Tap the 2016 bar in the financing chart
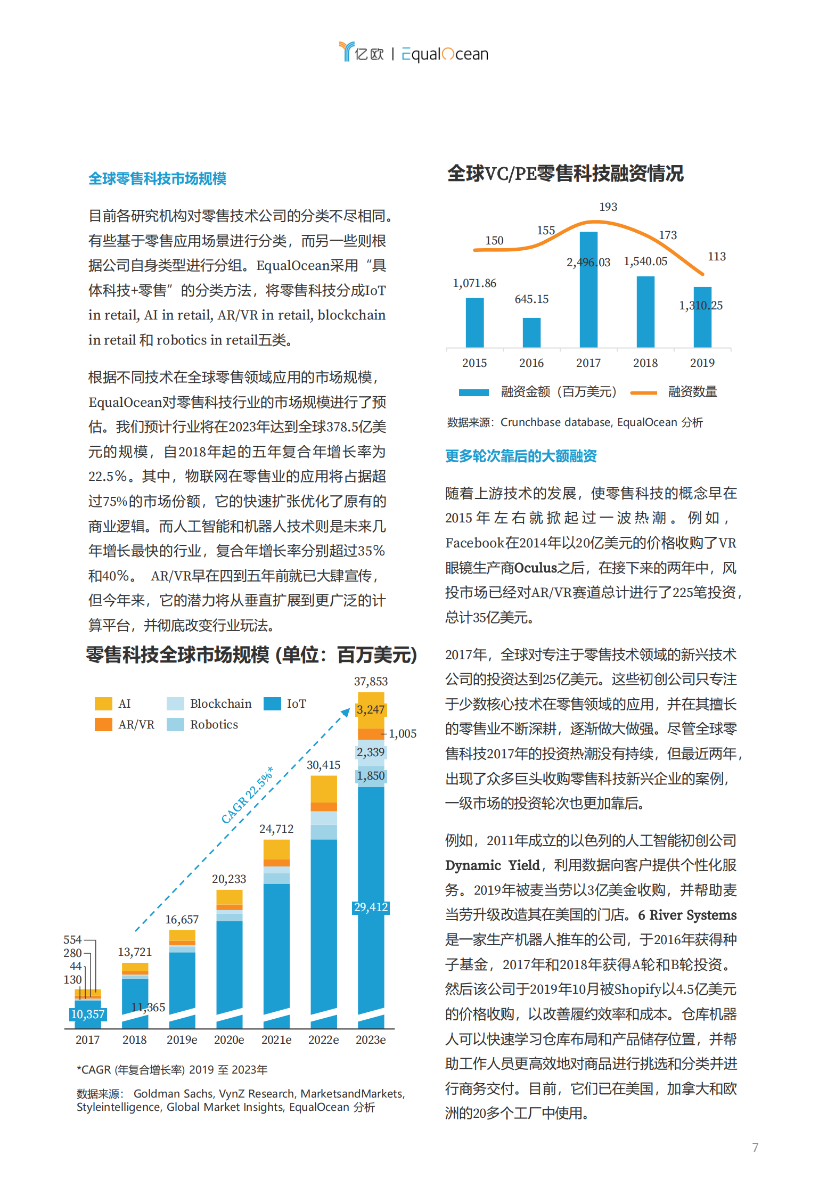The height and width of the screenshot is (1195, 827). [x=531, y=332]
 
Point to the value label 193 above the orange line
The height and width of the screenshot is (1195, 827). [x=608, y=207]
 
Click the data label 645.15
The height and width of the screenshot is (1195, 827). [x=531, y=299]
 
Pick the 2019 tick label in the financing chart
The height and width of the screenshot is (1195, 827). [x=702, y=363]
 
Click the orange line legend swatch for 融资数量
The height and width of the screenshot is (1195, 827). [x=643, y=392]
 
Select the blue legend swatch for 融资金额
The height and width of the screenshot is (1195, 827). [x=473, y=392]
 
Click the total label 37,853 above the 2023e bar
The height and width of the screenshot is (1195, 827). [x=371, y=681]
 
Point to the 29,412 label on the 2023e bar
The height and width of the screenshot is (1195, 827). [x=371, y=907]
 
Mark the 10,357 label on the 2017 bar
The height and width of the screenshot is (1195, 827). [x=87, y=1014]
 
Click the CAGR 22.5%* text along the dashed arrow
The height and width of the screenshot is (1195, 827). [x=248, y=795]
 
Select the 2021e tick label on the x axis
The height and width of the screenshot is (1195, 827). [x=276, y=1040]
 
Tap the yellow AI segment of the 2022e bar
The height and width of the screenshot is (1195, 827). [x=323, y=789]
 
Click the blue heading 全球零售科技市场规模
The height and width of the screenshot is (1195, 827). [x=157, y=178]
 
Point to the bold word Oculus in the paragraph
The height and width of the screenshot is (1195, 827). [x=536, y=568]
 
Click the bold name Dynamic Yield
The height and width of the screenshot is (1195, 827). [x=492, y=865]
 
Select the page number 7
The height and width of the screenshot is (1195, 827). [x=755, y=1147]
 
